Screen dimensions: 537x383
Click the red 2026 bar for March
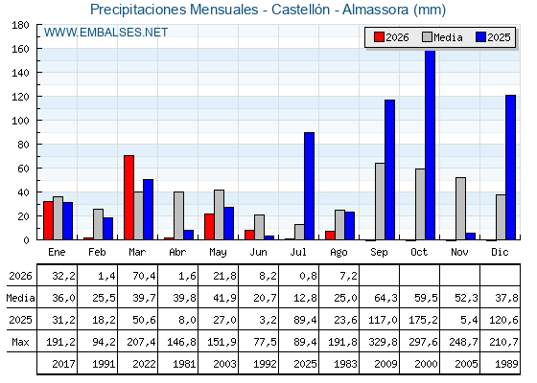tap(129, 197)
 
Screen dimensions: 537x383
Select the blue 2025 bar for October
tap(431, 146)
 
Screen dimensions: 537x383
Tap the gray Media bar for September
tap(380, 201)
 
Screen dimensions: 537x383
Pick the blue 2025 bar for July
tap(309, 186)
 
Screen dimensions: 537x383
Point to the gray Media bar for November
tap(460, 209)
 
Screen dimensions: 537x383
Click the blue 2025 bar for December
tap(510, 168)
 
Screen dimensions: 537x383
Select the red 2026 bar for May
tap(210, 227)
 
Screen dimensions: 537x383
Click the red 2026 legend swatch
tap(379, 37)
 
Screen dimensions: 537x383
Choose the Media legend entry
tap(442, 37)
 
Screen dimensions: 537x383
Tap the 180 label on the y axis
tap(21, 25)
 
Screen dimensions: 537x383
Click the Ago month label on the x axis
tap(339, 253)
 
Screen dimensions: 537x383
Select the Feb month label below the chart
tap(97, 252)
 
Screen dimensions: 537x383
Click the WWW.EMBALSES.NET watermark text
tap(105, 33)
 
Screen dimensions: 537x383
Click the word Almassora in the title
tap(375, 10)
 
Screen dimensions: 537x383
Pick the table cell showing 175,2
tap(423, 320)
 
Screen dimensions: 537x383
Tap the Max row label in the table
tap(20, 342)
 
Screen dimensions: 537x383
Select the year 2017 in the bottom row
tap(63, 364)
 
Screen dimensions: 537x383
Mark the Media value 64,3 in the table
tap(385, 298)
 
